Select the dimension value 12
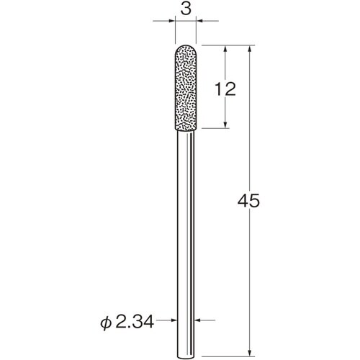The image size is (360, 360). tap(226, 89)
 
